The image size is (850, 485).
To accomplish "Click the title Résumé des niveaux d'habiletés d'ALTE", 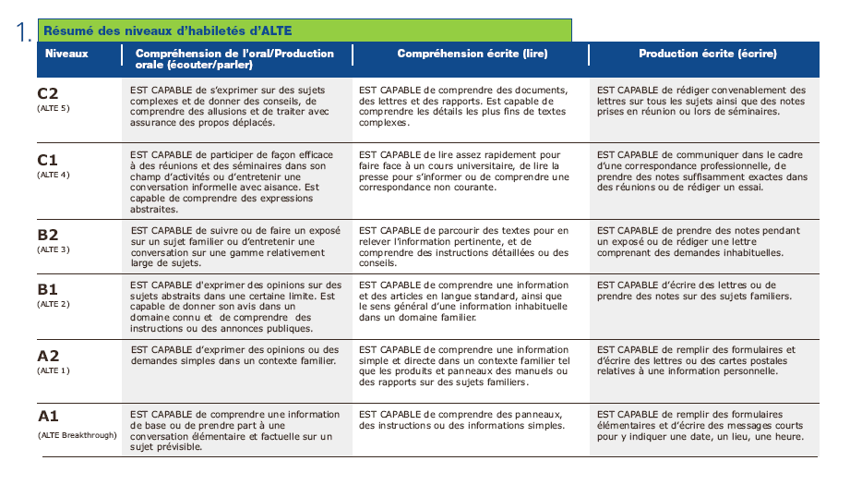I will click(168, 30).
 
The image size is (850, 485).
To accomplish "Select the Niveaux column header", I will click(66, 54).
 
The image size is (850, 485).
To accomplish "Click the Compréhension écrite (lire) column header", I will click(472, 54).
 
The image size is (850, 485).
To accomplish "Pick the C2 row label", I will click(47, 93).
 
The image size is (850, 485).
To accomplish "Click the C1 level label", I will click(47, 159).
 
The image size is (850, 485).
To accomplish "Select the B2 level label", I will click(47, 236).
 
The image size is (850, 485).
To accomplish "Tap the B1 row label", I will click(47, 290).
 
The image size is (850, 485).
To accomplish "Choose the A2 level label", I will click(47, 356).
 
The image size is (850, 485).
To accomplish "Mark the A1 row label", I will click(47, 417).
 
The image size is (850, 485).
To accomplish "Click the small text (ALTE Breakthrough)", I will click(78, 434).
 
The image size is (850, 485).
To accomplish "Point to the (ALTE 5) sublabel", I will click(54, 108).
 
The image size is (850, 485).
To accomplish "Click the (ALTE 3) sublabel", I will click(54, 250).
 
